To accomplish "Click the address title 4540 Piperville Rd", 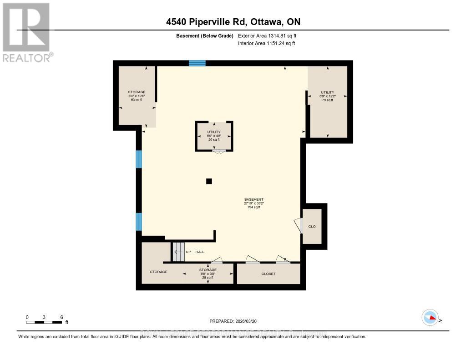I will coord(233,22).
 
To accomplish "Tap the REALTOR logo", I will coord(27,32).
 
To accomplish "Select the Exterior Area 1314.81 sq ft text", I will coord(267,35).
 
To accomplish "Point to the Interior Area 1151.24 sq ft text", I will coord(266,44).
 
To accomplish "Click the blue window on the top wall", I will coord(197,63).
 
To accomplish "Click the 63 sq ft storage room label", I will coord(137,96).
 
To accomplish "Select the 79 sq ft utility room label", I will coord(327,96).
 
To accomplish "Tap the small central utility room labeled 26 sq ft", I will coord(214,136).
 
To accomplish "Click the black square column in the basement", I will coord(209,181).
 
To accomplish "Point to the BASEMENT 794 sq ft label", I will coord(253,203).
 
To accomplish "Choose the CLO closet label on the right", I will coord(312,226).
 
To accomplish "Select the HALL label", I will coord(200,252).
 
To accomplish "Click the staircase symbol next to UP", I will coord(177,252).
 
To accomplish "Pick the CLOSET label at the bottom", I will coord(268,274).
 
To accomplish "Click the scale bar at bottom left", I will coord(44,322).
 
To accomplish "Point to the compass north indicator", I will coord(430,318).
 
